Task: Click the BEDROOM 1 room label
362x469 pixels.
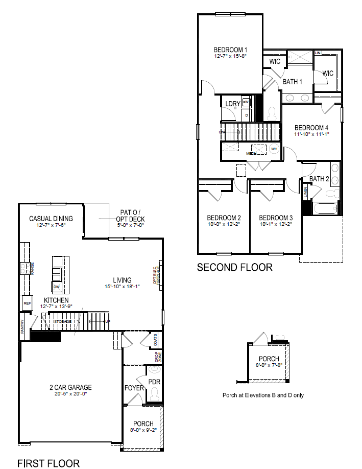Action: [230, 50]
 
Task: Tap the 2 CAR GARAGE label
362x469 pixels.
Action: [67, 387]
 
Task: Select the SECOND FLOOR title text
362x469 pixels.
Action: [235, 267]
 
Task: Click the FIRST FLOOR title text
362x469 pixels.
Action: [49, 463]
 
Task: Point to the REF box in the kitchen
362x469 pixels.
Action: [27, 303]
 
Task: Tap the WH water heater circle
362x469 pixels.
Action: [274, 149]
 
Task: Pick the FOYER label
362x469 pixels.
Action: [134, 388]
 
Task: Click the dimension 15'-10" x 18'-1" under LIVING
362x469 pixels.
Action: [123, 287]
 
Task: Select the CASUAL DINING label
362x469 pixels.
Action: [51, 218]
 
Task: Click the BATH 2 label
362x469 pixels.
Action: [320, 178]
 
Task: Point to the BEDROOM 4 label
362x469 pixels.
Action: [311, 127]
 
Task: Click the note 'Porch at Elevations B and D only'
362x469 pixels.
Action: [263, 395]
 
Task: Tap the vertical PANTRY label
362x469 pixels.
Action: [23, 327]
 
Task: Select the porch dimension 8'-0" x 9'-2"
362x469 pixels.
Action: [143, 430]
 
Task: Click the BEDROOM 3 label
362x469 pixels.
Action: [276, 217]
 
